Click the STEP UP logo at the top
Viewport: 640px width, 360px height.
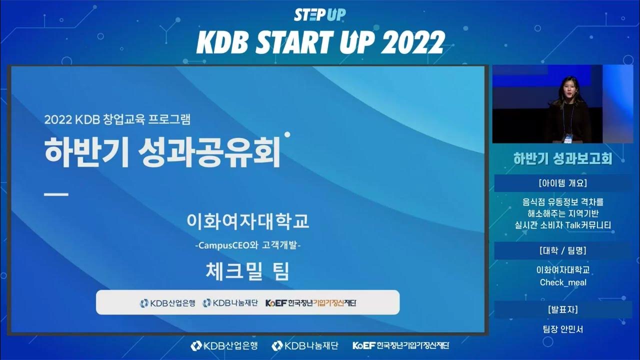[319, 15]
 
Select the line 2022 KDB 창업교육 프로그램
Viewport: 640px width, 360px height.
[117, 120]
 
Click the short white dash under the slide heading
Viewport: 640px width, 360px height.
[56, 194]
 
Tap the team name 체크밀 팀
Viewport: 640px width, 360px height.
[247, 271]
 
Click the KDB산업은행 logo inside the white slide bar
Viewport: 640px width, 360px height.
[167, 302]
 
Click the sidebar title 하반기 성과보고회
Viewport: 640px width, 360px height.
[562, 159]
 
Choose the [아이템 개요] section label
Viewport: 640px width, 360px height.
[563, 182]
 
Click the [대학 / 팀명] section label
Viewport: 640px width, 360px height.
[563, 250]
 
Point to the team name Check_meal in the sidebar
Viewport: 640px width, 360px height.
[563, 282]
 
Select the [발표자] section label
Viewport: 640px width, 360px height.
[563, 309]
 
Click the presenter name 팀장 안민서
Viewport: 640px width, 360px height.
[563, 329]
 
